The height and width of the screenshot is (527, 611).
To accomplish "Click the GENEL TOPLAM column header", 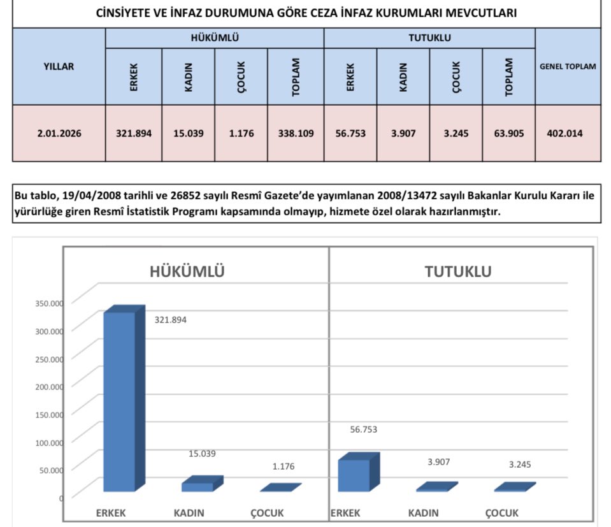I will pos(568,66).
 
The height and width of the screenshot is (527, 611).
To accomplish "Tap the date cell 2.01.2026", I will pos(59,134).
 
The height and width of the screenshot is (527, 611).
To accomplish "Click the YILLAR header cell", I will pos(59,66).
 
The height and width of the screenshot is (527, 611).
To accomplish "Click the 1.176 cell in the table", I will pos(241,134).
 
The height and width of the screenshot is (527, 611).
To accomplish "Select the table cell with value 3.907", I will pos(403,134).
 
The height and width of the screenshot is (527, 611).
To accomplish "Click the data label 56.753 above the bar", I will pos(364,430).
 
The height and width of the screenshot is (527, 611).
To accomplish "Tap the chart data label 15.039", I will pos(203,454).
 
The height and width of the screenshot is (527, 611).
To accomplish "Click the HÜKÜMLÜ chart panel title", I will pos(187,271).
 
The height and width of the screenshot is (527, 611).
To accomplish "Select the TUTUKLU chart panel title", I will pos(457,271).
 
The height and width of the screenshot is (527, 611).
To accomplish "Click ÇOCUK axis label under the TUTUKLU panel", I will pos(502,513).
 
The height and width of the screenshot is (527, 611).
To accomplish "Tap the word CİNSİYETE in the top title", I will pos(124,13).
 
